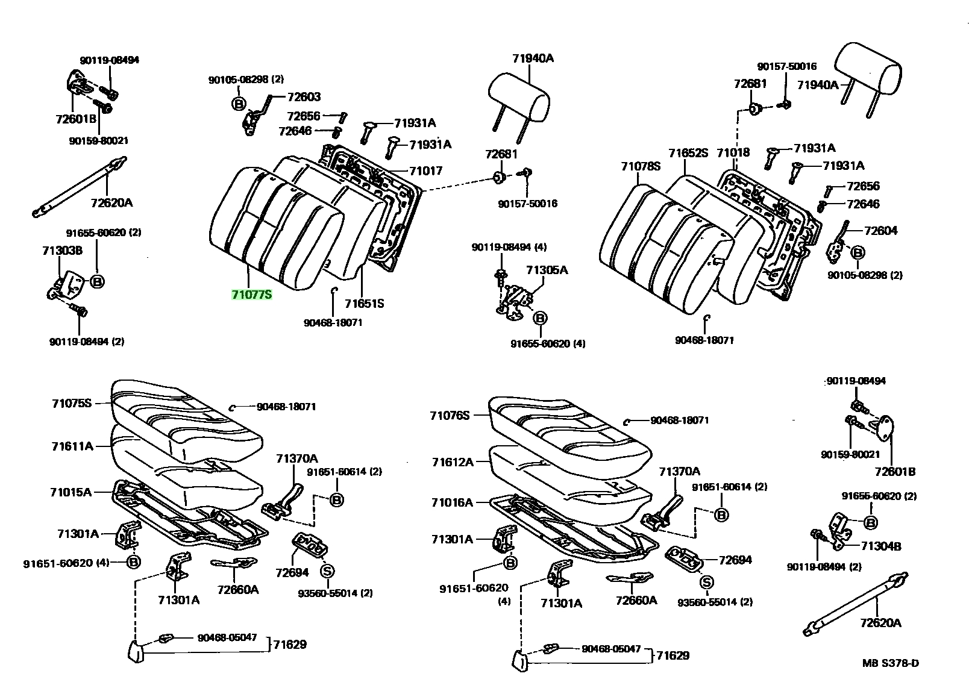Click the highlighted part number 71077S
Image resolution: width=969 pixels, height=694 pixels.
(x=252, y=295)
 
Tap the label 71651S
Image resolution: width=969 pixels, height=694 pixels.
(x=364, y=304)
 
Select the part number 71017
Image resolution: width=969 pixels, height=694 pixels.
(x=426, y=171)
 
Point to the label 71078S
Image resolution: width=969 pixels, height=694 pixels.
(x=641, y=166)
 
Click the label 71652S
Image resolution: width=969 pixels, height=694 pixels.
(x=688, y=153)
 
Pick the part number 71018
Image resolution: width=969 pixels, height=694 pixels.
(x=733, y=152)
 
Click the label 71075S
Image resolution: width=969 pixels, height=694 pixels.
(x=72, y=404)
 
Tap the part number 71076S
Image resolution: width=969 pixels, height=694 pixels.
(x=450, y=416)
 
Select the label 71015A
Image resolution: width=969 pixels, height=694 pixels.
(x=71, y=492)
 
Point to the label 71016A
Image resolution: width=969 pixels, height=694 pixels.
(x=452, y=502)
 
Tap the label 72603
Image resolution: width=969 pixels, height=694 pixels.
(x=304, y=97)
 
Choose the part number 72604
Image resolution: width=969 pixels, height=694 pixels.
(x=881, y=231)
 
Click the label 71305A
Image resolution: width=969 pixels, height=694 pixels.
(x=547, y=270)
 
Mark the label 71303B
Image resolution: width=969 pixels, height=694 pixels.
(x=62, y=251)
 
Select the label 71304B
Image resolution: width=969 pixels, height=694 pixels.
(x=881, y=546)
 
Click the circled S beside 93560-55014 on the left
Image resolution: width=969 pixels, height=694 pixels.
(x=327, y=571)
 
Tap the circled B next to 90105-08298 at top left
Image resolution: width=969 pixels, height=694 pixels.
(x=239, y=104)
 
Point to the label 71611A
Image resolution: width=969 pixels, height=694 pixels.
(x=72, y=446)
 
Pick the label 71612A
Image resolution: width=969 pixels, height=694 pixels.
(x=453, y=462)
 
